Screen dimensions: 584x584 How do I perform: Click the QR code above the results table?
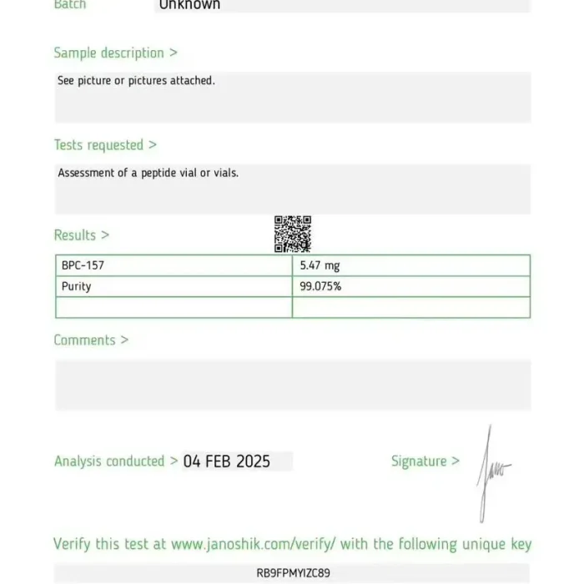(293, 234)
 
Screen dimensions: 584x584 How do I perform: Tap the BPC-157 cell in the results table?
(83, 265)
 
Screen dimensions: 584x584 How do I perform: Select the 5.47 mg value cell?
(320, 265)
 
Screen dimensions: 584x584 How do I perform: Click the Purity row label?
(76, 286)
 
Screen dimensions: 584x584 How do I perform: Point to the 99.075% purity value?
(320, 286)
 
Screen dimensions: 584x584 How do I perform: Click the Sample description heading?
(115, 53)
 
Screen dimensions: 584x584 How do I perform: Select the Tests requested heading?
(105, 144)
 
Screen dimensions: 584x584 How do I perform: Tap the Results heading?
(81, 235)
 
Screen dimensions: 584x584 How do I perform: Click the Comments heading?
(91, 340)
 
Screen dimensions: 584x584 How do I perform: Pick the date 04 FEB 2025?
(227, 461)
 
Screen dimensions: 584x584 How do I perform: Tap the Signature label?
(425, 461)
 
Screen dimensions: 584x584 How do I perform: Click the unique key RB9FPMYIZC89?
(293, 573)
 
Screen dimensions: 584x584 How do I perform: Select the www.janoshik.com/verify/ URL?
(254, 544)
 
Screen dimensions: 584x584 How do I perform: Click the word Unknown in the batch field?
(189, 4)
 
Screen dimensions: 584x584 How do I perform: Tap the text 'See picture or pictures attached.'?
(136, 81)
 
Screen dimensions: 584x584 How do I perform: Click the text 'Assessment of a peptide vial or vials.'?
(148, 173)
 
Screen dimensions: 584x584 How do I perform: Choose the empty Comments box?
(293, 385)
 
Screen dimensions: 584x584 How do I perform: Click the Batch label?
(70, 4)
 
